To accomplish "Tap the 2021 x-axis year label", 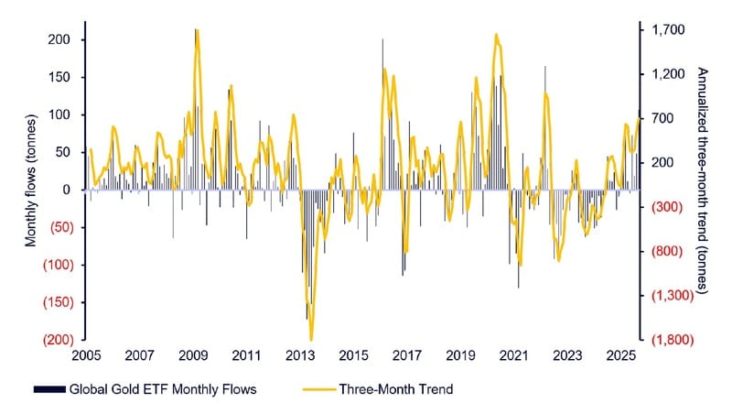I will coord(516,354).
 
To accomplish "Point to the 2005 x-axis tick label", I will coord(84,354).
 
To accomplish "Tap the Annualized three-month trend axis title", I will coord(702,180).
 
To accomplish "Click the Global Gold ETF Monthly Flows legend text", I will coord(164,389).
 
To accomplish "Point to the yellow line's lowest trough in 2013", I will coord(312,340).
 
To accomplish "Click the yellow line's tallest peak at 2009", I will coord(197,30).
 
